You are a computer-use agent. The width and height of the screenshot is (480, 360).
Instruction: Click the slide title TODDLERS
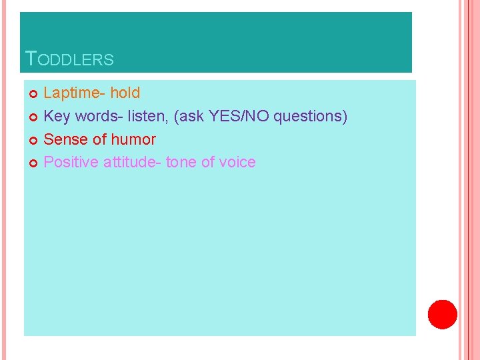click(x=69, y=59)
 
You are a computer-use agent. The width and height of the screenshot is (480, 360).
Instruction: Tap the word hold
click(x=125, y=93)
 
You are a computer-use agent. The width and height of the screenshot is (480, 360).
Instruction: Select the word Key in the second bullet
click(x=57, y=117)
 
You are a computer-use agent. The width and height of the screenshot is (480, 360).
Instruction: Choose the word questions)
click(x=311, y=117)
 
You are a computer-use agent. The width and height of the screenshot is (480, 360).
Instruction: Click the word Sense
click(x=64, y=139)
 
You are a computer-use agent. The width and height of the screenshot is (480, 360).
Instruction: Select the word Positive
click(x=71, y=162)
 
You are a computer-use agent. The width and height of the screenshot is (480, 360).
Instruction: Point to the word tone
click(x=181, y=162)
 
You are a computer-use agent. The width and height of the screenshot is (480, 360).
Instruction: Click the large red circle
click(x=442, y=315)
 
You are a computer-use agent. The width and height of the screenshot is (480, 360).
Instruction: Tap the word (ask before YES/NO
click(x=189, y=117)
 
